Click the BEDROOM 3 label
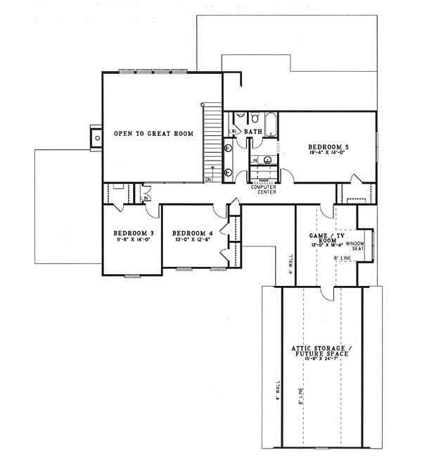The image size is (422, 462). tap(133, 233)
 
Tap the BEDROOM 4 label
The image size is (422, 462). tap(192, 233)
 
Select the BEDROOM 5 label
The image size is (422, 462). tap(328, 146)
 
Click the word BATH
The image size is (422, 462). tap(253, 131)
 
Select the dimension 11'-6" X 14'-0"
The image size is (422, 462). tap(133, 240)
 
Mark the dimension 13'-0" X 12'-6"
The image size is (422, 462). tap(192, 240)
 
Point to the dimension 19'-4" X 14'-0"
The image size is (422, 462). tap(328, 152)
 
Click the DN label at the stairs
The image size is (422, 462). tap(209, 180)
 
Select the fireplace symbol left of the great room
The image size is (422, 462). tap(95, 137)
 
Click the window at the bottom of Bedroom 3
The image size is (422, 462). tap(132, 275)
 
